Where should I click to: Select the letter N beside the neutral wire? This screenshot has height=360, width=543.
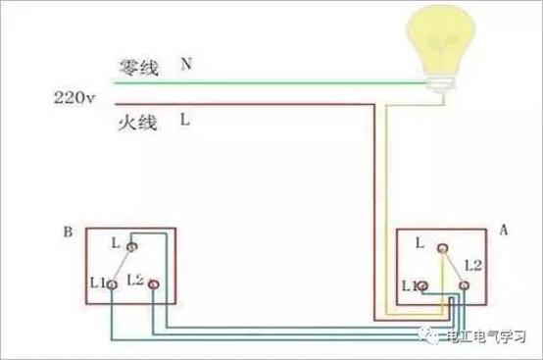point(185,64)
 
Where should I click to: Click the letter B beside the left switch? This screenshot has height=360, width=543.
point(67,232)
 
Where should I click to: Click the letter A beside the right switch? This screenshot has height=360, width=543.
point(503,230)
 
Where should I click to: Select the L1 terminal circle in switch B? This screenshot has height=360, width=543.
point(114,283)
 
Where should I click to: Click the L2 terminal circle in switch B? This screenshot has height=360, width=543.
point(154,284)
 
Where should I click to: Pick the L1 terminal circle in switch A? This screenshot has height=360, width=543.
point(422,285)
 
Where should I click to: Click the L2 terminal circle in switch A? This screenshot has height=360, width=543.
point(464,284)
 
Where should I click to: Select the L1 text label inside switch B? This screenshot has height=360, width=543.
point(98,283)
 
